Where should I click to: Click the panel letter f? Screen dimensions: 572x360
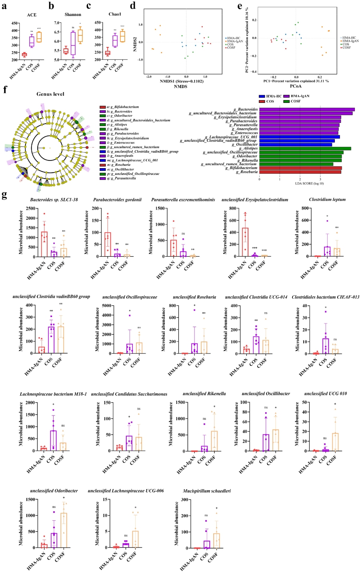(x=5, y=89)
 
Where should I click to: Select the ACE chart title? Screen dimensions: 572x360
(x=31, y=15)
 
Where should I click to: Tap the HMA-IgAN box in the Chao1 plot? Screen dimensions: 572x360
(x=108, y=53)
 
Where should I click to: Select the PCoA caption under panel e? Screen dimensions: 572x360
(x=296, y=86)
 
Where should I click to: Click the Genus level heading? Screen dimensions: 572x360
(x=50, y=94)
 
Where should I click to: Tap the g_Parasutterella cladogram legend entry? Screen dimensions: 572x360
(x=120, y=178)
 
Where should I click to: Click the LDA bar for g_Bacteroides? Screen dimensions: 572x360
(x=307, y=109)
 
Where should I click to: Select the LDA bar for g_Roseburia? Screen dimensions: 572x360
(x=300, y=172)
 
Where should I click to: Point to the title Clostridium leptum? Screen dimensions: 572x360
(x=327, y=199)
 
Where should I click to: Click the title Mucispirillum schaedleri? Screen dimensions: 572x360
(x=207, y=491)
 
